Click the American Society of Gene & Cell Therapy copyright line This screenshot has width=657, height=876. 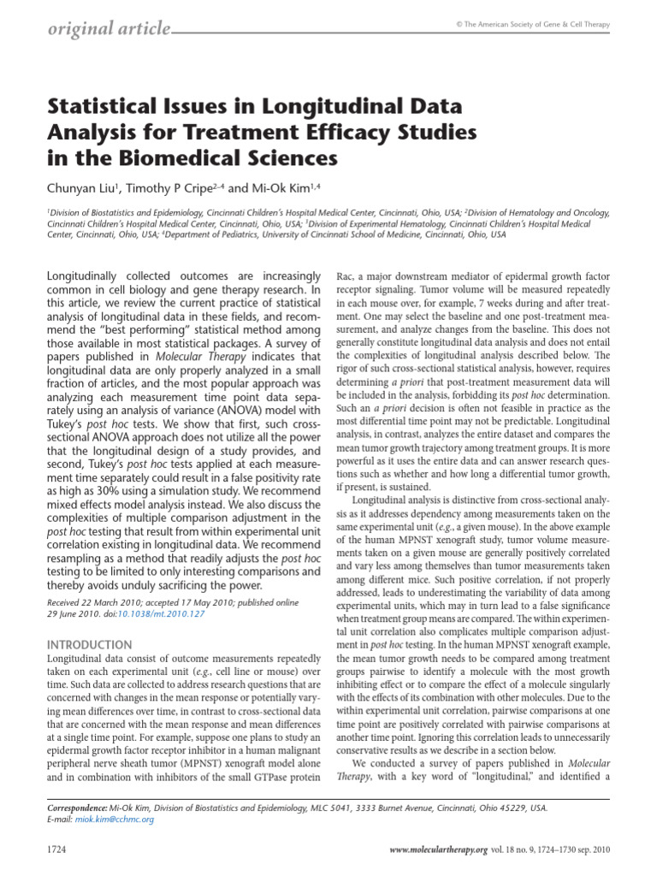(x=532, y=25)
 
